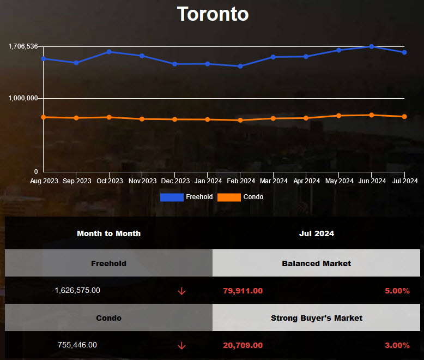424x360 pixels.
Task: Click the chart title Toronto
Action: [213, 14]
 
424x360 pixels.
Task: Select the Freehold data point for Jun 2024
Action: [372, 46]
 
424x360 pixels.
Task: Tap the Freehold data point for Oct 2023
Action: [109, 52]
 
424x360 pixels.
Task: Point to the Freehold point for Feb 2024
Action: [240, 66]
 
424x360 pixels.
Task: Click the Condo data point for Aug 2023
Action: [43, 117]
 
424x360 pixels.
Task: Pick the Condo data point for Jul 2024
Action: [404, 116]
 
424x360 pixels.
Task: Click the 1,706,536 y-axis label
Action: [23, 46]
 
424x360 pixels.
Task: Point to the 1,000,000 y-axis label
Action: [23, 98]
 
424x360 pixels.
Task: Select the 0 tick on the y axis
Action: [36, 171]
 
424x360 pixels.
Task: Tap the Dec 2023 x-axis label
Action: [174, 181]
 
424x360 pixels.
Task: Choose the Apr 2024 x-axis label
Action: [306, 181]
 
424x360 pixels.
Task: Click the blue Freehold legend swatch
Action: [172, 197]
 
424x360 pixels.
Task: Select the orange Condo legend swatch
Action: [229, 197]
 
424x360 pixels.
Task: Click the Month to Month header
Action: [108, 233]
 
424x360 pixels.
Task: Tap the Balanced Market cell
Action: [316, 263]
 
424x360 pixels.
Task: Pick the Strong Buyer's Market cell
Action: [316, 318]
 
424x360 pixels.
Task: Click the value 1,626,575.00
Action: [77, 291]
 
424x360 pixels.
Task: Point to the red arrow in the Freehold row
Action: [181, 291]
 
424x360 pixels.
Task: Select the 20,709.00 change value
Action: [243, 345]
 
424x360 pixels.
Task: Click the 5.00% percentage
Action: [397, 291]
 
